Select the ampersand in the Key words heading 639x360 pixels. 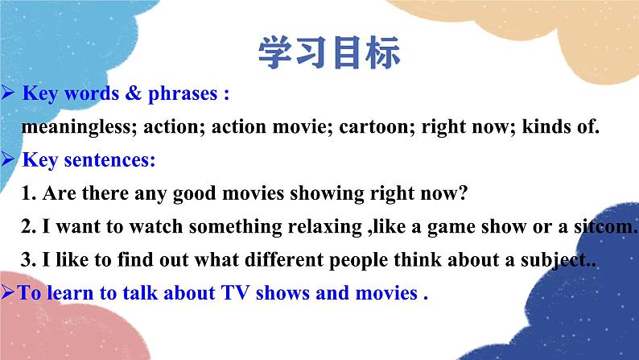[x=131, y=93]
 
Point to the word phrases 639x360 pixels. [x=181, y=94]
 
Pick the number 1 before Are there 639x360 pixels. [x=29, y=194]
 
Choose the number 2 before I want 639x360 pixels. [x=29, y=228]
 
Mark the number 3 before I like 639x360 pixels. [x=29, y=260]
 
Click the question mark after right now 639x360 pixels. [x=464, y=194]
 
